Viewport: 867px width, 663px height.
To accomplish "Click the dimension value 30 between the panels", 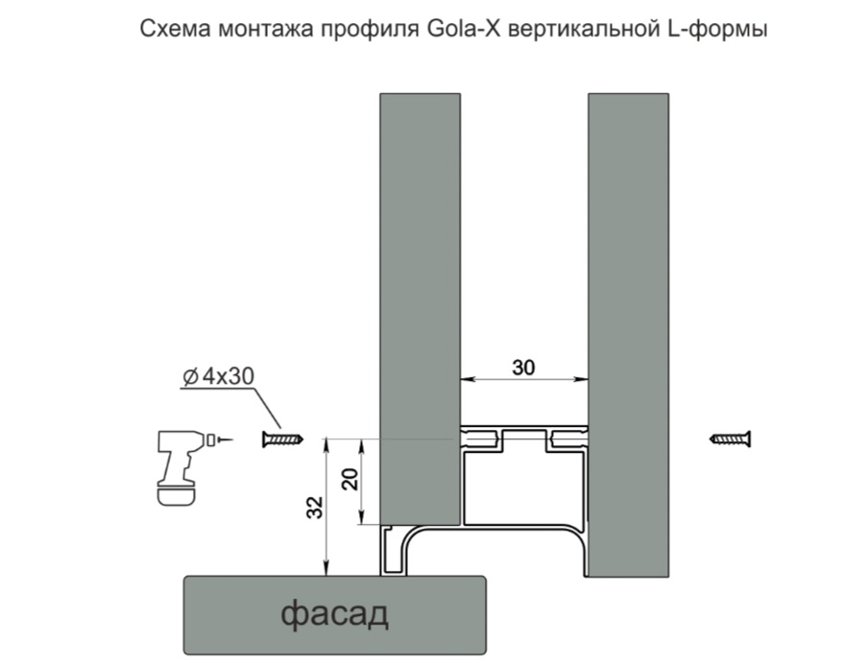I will (x=523, y=367).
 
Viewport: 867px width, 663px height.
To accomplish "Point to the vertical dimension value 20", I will (x=352, y=478).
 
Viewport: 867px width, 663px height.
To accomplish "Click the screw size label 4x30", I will (x=229, y=377).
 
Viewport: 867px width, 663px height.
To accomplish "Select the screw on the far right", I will (x=731, y=439).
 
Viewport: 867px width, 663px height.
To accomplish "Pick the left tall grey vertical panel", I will (x=418, y=288).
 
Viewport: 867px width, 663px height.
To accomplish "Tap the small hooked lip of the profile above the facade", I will (x=393, y=552).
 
